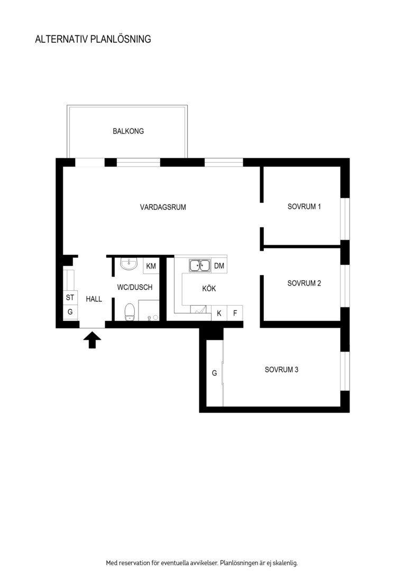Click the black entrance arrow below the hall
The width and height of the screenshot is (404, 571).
pos(92,340)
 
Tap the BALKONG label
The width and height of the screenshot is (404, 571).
pos(128,131)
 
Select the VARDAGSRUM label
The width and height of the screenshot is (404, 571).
pos(163,207)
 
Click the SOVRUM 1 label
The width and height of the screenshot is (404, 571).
pos(304,207)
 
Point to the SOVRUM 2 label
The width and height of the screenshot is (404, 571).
pos(304,283)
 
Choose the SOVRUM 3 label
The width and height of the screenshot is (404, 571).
pos(282,370)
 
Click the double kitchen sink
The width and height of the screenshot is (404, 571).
pos(200,265)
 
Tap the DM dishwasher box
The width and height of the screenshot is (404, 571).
pos(219,266)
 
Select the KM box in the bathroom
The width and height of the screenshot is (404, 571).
pos(151,266)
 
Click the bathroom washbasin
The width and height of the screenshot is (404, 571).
pos(129,264)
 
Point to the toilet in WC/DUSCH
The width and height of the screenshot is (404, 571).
pos(130,312)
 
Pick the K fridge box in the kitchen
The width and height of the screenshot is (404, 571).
pos(219,313)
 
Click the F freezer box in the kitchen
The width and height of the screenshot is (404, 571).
pos(235,313)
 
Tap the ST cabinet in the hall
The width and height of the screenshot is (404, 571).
pos(70,298)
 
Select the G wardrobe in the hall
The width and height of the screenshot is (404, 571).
pos(70,312)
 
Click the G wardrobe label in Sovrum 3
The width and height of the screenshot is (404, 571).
pos(215,373)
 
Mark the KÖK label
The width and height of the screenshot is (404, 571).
pos(209,289)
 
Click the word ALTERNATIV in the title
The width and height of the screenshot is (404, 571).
pos(61,39)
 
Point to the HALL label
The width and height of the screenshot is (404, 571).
pos(94,299)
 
